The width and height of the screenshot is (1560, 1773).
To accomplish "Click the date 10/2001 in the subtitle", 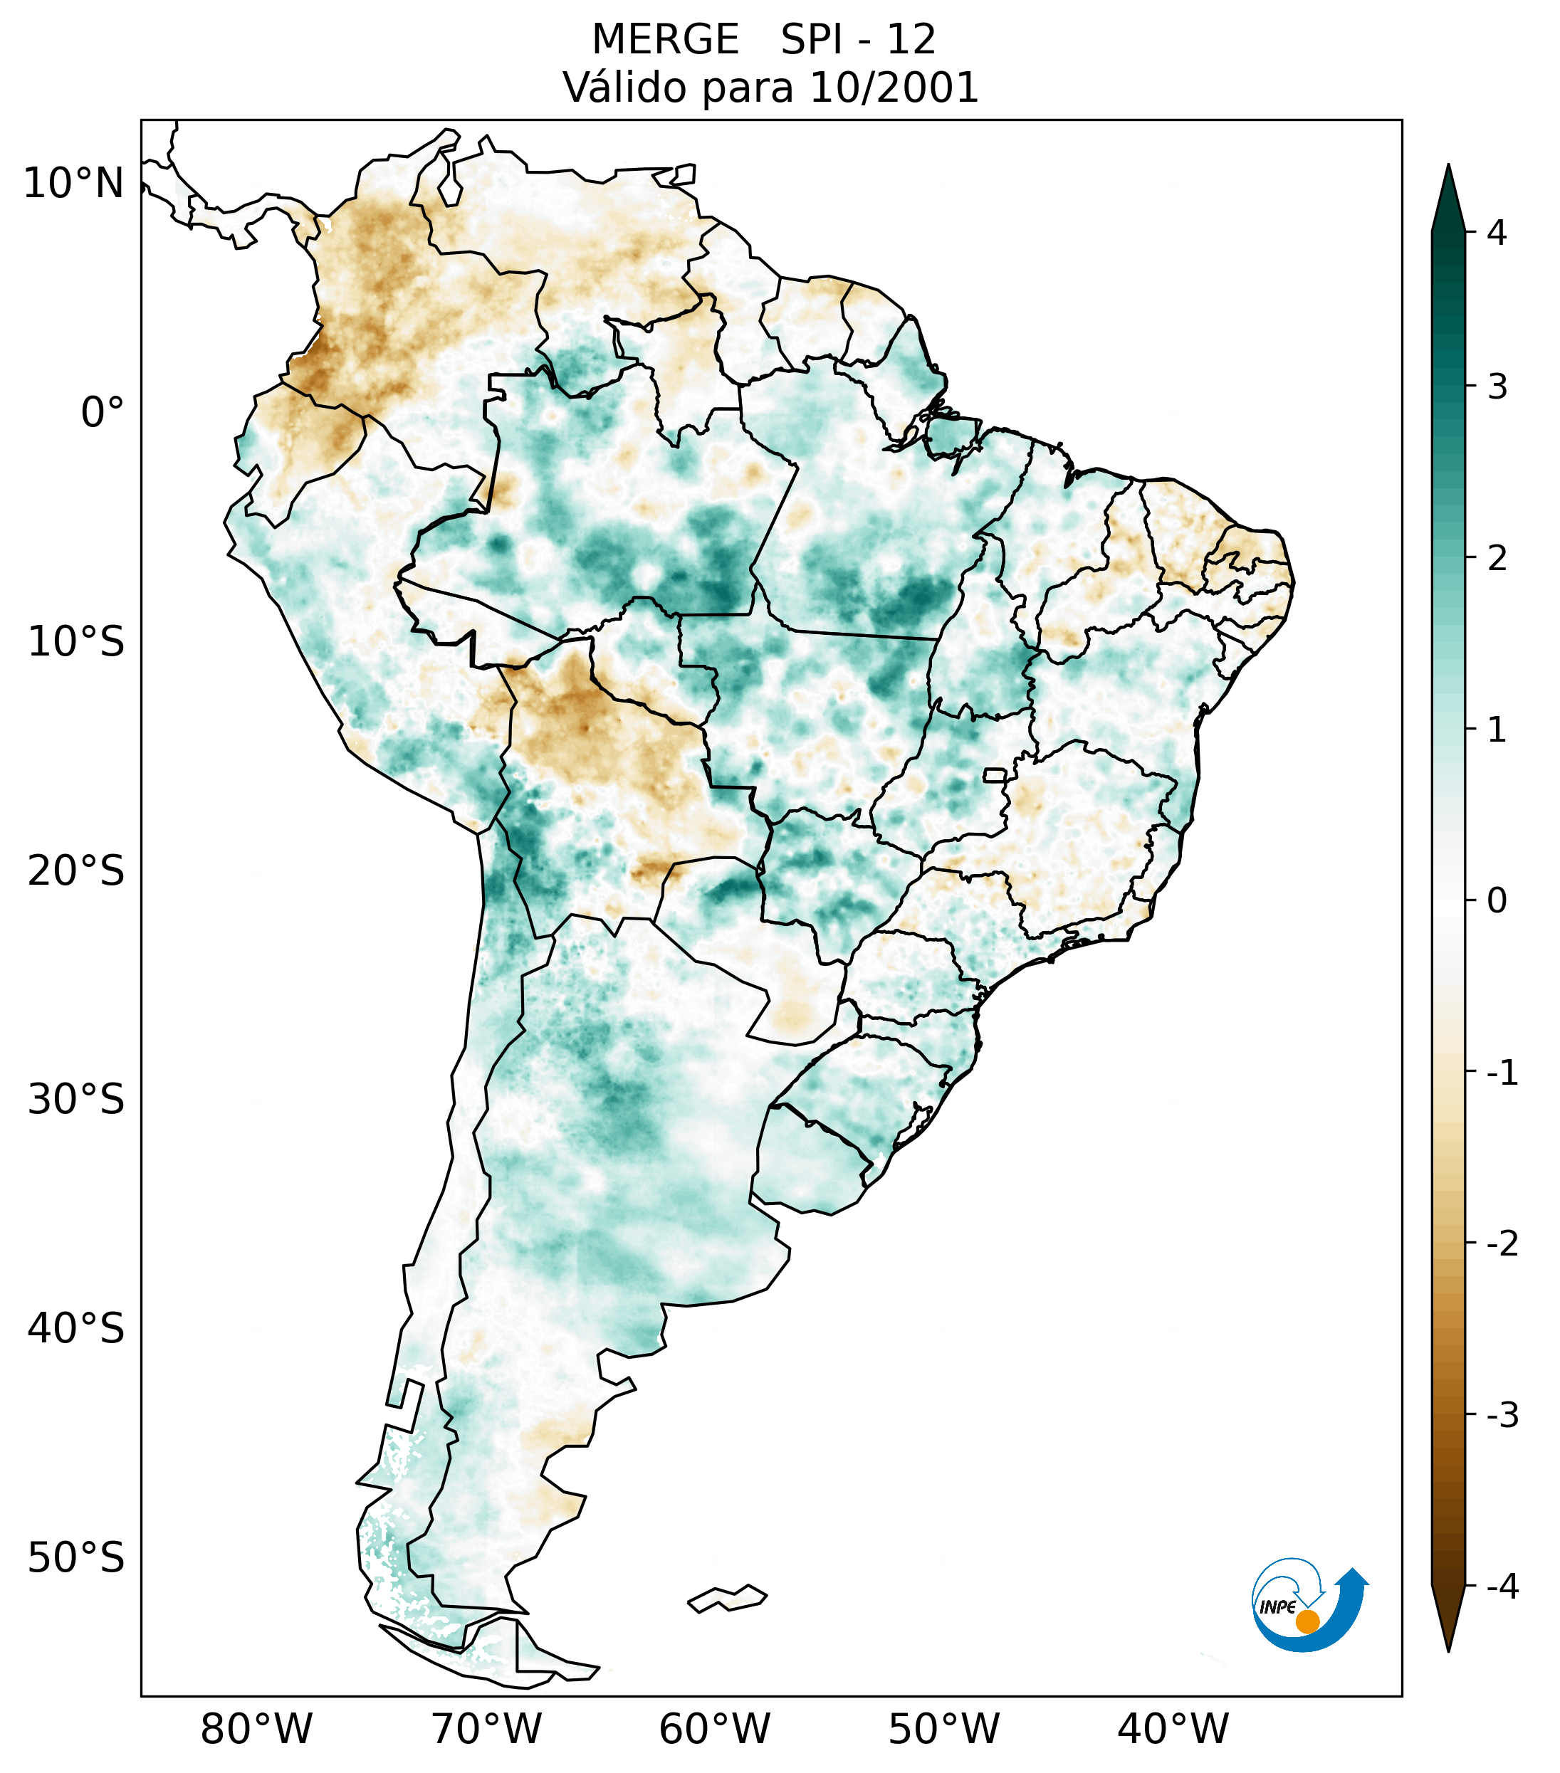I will tap(894, 88).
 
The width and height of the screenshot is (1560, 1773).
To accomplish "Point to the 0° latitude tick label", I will tap(103, 413).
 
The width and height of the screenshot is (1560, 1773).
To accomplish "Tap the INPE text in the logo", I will tap(1277, 1607).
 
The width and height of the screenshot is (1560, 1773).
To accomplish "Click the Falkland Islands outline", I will tap(727, 1598).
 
